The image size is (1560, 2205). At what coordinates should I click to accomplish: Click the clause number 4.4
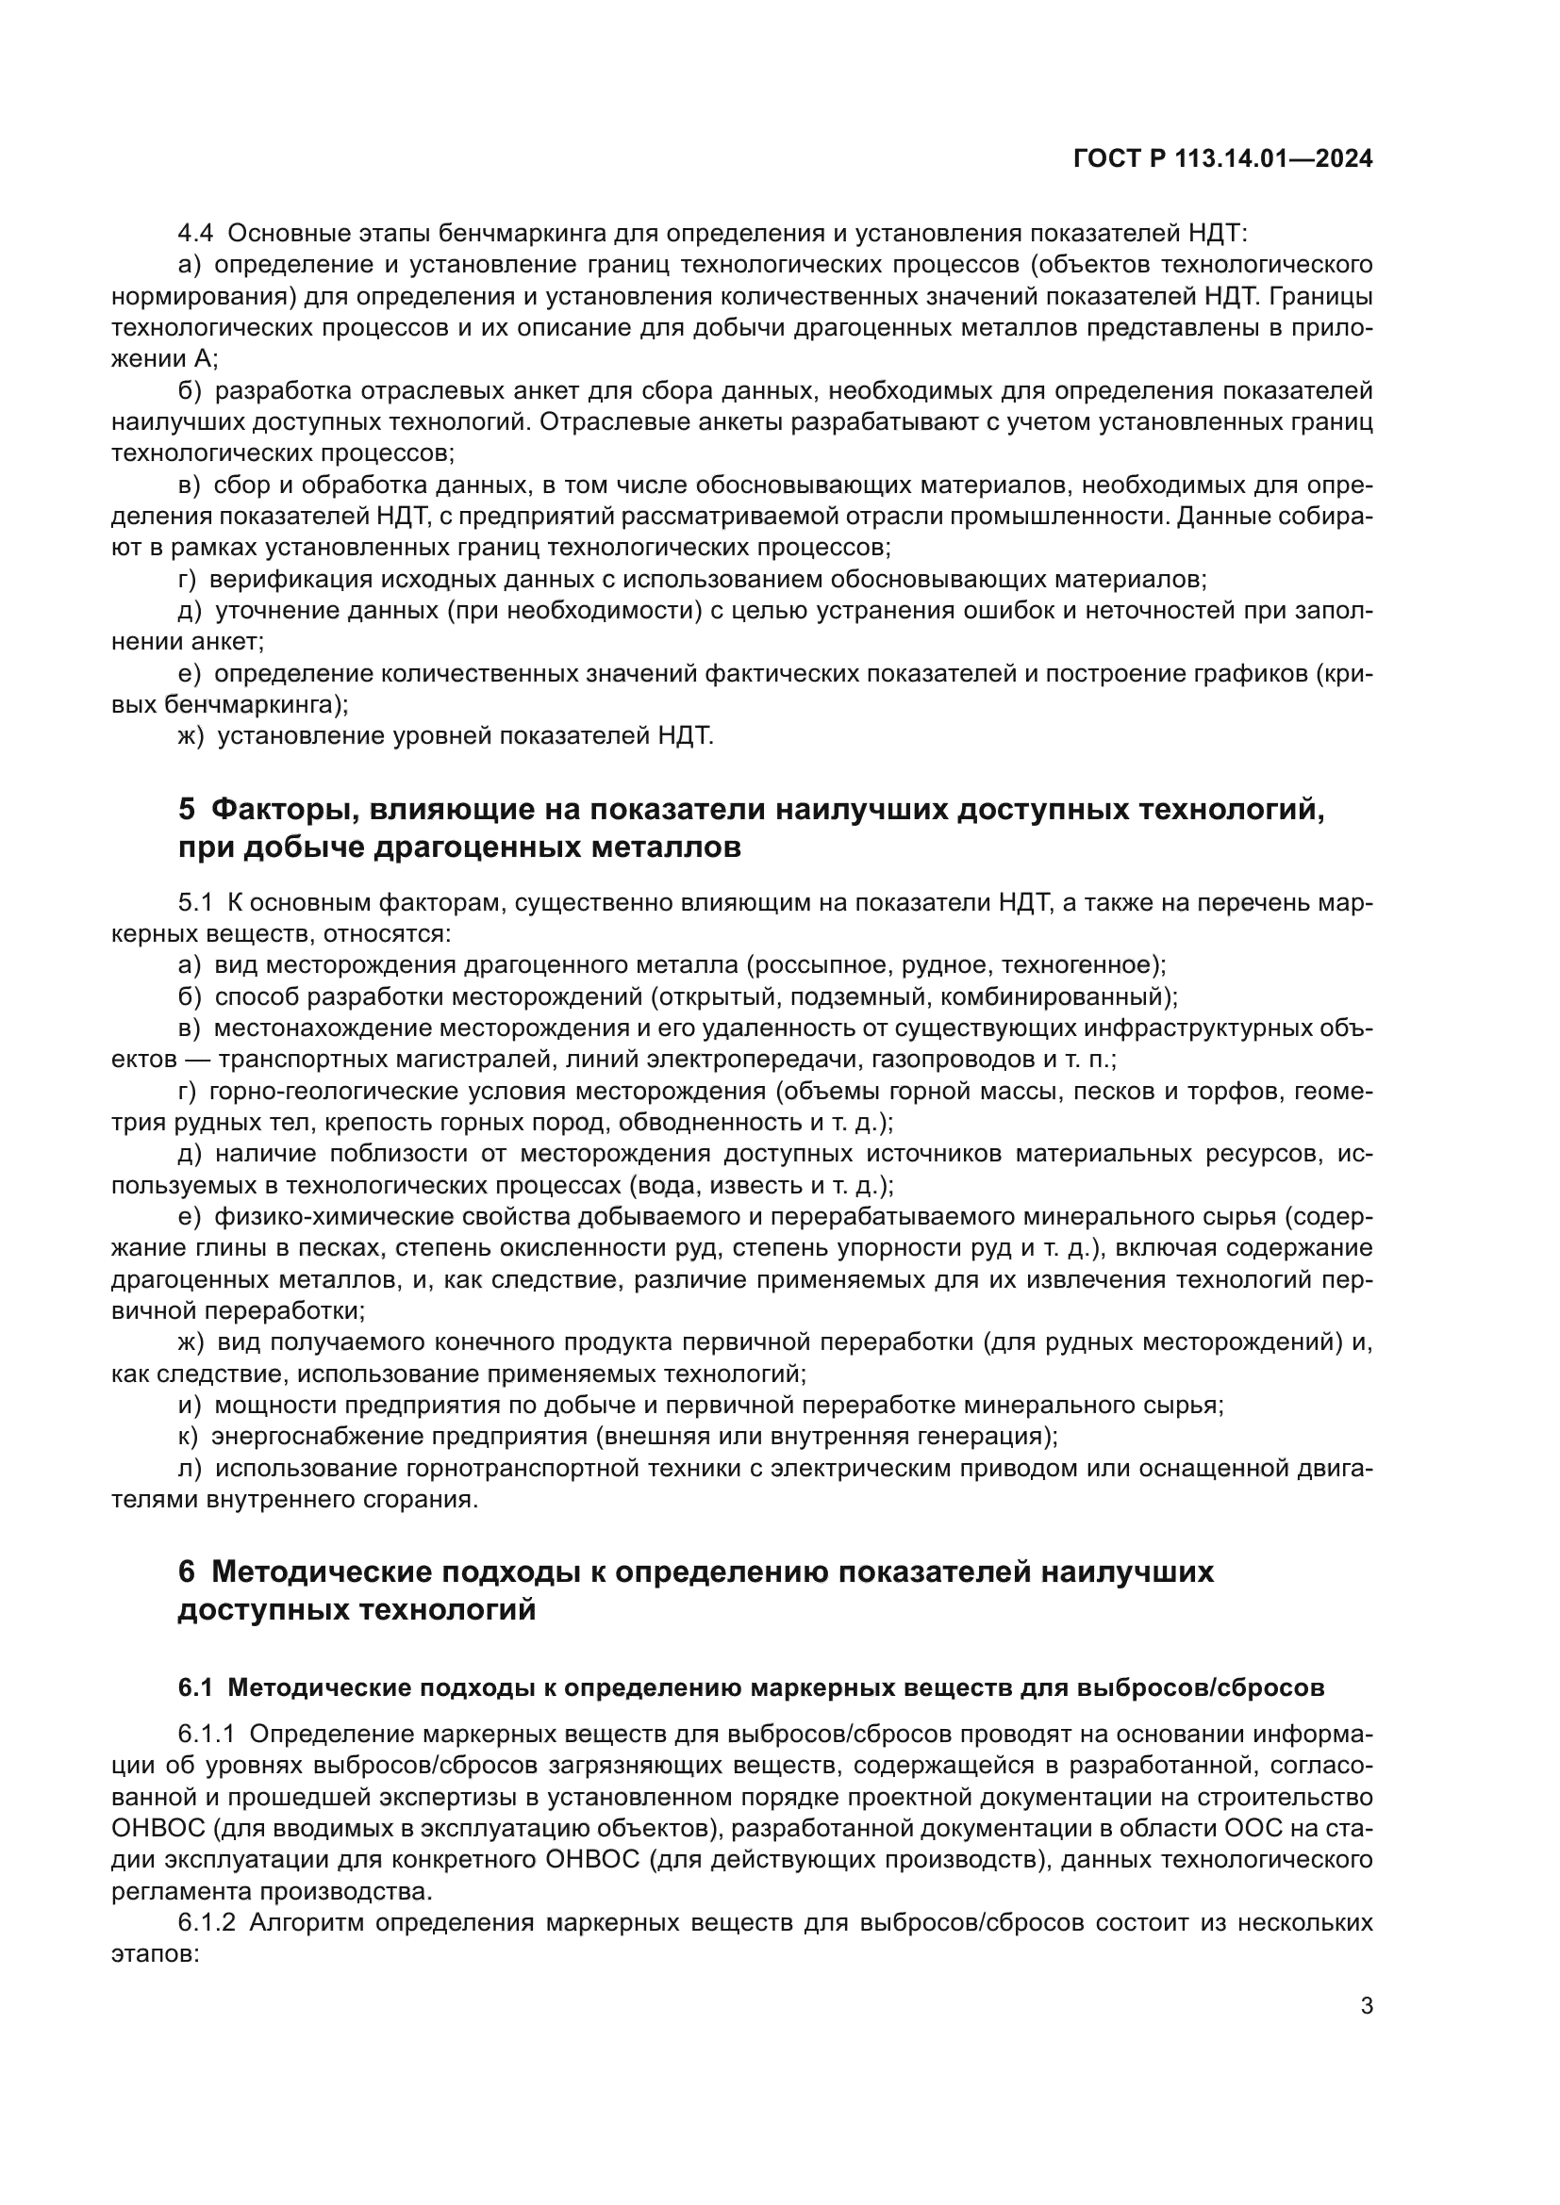tap(196, 234)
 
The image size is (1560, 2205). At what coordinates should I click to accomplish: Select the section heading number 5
tap(187, 810)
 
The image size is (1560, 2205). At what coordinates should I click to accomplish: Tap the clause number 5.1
tap(195, 903)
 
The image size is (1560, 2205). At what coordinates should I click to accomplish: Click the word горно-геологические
tap(306, 1092)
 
